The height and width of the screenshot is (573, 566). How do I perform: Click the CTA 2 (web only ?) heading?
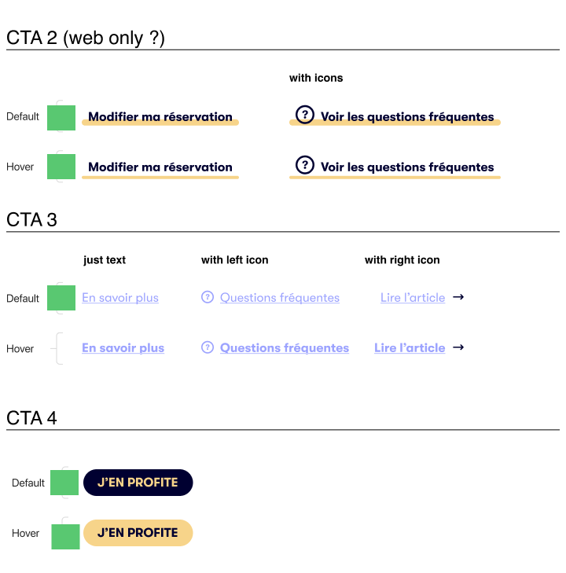(x=86, y=38)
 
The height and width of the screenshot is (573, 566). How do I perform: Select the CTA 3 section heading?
(x=32, y=219)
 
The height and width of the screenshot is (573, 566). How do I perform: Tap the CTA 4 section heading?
(x=32, y=417)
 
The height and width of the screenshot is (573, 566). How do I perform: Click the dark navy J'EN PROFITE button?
(x=138, y=483)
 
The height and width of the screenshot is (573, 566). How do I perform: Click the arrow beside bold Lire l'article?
(x=458, y=347)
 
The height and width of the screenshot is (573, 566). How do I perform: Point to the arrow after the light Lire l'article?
(x=458, y=297)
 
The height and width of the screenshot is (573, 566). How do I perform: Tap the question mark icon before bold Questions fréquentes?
(x=208, y=347)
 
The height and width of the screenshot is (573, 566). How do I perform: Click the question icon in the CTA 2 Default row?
(x=304, y=115)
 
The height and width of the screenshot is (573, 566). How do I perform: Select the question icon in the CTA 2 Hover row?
(x=304, y=165)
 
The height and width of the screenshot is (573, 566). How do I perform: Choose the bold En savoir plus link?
(x=123, y=348)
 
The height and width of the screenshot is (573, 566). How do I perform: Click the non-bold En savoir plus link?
(x=120, y=298)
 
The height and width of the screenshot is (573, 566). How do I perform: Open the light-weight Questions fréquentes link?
(x=279, y=298)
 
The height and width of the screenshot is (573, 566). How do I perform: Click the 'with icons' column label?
(x=316, y=78)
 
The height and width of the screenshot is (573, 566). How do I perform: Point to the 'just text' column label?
(x=105, y=259)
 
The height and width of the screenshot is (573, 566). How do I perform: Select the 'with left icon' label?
(x=234, y=259)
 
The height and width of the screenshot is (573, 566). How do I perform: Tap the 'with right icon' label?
(x=402, y=259)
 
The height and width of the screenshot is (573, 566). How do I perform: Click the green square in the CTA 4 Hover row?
(x=65, y=537)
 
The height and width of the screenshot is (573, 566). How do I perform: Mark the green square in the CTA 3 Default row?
(x=61, y=298)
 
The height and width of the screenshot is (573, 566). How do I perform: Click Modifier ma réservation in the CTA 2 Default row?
(x=160, y=117)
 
